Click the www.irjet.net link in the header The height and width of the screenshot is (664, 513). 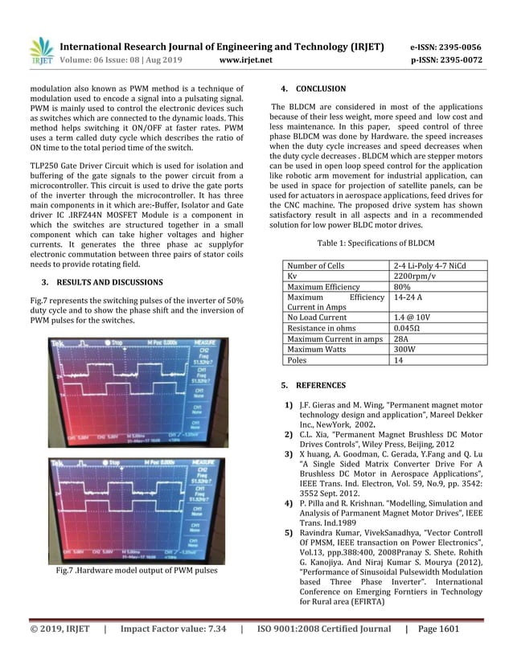point(246,59)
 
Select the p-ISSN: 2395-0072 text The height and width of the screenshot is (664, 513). point(446,59)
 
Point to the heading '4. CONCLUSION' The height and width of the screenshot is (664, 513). point(303,88)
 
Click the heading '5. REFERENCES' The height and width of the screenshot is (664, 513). point(304,385)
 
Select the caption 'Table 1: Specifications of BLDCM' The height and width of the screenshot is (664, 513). point(376,242)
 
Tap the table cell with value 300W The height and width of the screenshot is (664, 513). point(407,350)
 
